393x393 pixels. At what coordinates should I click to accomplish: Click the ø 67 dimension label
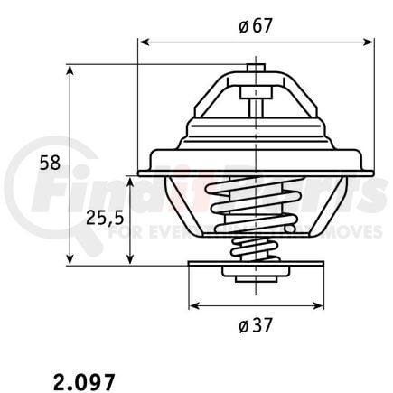click(256, 26)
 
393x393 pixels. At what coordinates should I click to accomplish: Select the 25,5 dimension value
click(103, 219)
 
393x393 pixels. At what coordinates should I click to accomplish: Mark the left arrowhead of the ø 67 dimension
click(142, 41)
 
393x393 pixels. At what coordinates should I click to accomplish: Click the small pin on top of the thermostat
click(256, 68)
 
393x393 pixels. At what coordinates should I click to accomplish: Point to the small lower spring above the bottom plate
click(256, 248)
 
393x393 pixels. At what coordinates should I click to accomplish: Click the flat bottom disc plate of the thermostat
click(256, 265)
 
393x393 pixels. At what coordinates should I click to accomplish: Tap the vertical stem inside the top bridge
click(256, 99)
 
